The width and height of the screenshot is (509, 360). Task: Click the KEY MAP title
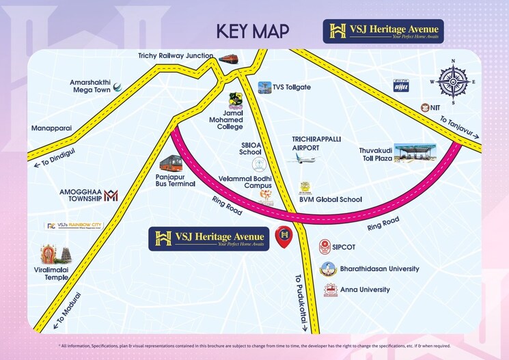(x=252, y=31)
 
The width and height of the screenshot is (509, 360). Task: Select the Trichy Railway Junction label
(x=176, y=56)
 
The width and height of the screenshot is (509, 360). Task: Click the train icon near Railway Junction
(x=228, y=58)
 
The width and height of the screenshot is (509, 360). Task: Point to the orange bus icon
(x=171, y=163)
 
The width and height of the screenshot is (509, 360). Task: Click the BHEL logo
(x=400, y=85)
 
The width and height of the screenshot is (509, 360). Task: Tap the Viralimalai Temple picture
(x=56, y=255)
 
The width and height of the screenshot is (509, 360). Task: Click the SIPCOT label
(x=348, y=249)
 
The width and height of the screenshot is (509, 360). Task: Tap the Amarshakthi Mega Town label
(x=90, y=86)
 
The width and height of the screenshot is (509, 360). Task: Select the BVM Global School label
(x=331, y=199)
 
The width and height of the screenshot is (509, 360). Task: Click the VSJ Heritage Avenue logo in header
(x=383, y=31)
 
